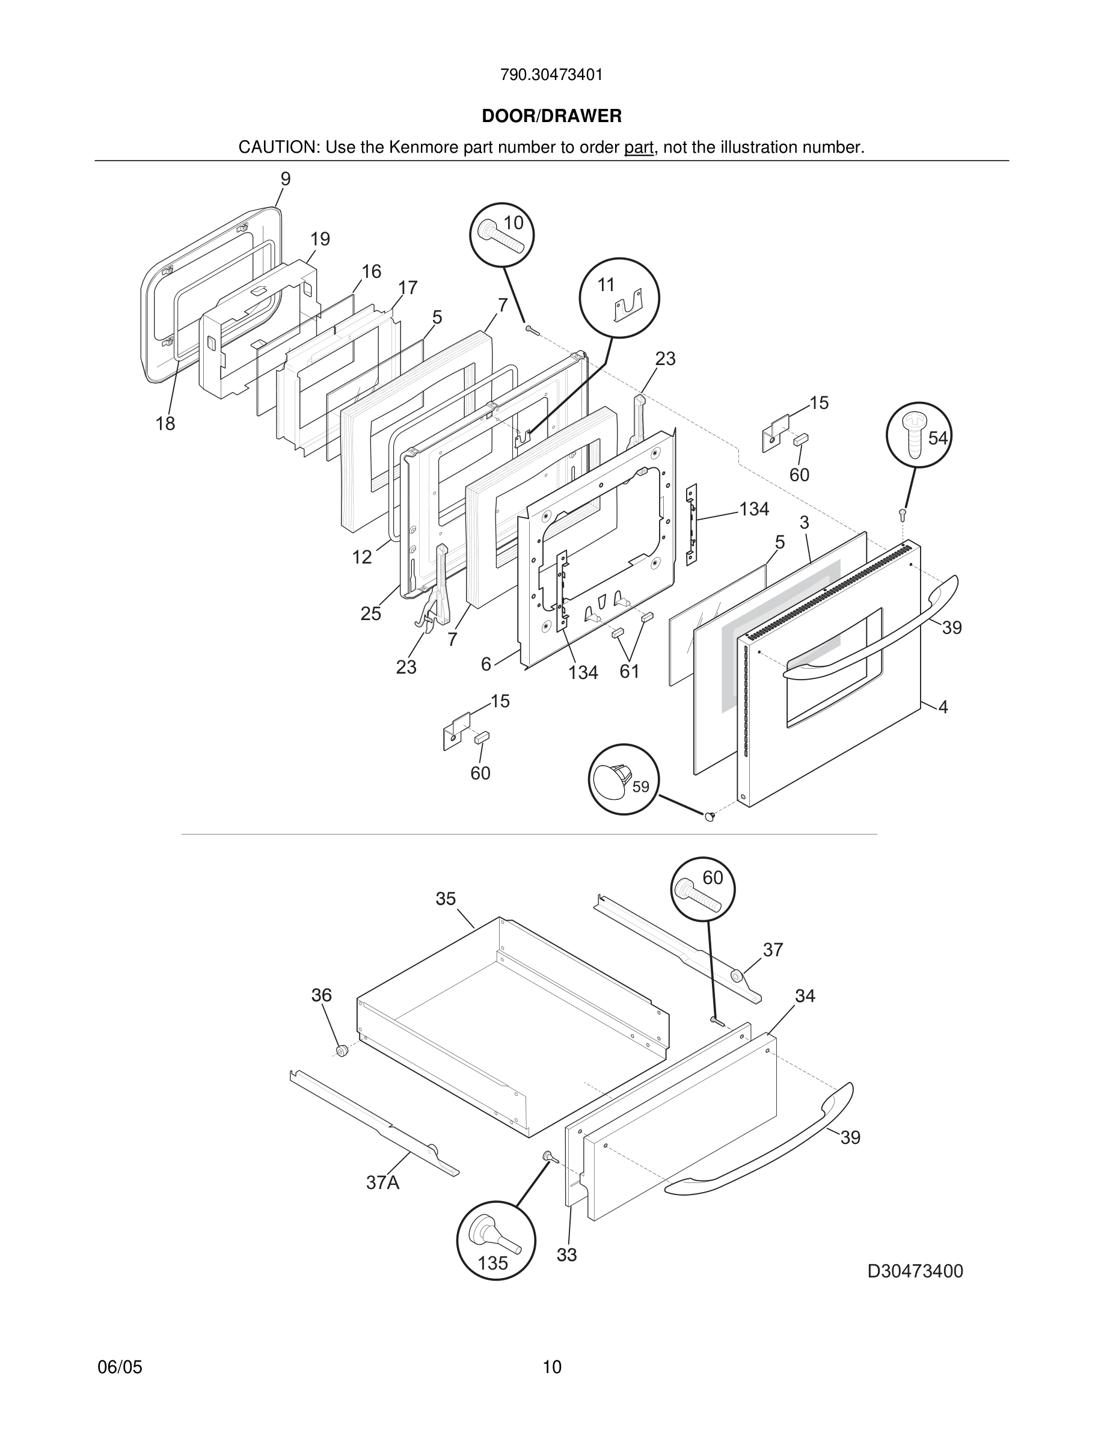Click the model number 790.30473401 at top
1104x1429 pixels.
point(551,75)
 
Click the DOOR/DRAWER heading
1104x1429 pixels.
point(551,117)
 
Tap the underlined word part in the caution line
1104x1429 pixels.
point(639,148)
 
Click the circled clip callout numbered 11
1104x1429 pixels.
point(619,298)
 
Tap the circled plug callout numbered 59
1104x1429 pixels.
point(624,779)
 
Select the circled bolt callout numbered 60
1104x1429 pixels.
point(703,889)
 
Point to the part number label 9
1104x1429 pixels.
point(286,179)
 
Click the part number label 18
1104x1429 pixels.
point(165,424)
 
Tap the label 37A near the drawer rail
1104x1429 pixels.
point(382,1183)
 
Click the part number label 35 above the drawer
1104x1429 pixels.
point(446,899)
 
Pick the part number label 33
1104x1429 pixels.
point(566,1255)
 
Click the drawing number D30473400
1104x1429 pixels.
point(915,1271)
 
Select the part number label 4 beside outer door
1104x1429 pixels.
point(943,707)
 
